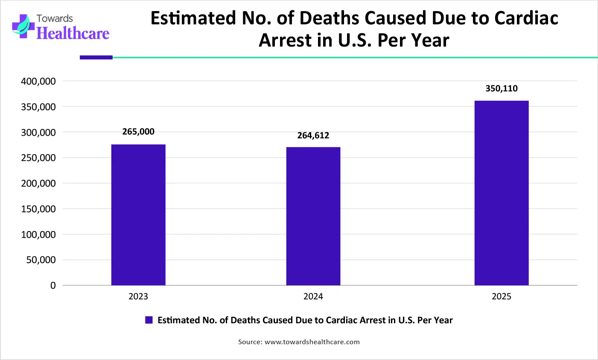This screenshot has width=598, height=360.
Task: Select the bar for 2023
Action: click(138, 215)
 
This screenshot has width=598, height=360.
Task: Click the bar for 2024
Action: click(313, 216)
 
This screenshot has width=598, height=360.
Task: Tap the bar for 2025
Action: click(502, 193)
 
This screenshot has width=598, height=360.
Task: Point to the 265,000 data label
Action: click(138, 132)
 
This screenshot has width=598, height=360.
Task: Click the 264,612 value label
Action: click(313, 135)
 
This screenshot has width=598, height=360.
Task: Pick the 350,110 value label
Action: click(502, 88)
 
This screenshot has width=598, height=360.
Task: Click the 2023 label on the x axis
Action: click(138, 296)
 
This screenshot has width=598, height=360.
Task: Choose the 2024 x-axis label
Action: click(313, 296)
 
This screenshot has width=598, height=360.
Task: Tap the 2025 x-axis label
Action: click(502, 296)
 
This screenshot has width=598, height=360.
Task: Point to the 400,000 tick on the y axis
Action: click(38, 81)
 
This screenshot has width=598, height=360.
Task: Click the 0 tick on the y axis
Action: click(53, 286)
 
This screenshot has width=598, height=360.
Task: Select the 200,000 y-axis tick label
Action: click(38, 183)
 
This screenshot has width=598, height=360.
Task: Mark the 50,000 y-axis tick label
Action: click(41, 260)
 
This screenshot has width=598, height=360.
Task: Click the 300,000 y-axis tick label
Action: click(38, 132)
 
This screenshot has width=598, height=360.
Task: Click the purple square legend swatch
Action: click(149, 320)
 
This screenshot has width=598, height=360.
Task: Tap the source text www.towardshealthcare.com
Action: click(312, 342)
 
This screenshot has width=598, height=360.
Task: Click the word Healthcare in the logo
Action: click(73, 33)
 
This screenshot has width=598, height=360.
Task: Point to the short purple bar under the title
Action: click(96, 57)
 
